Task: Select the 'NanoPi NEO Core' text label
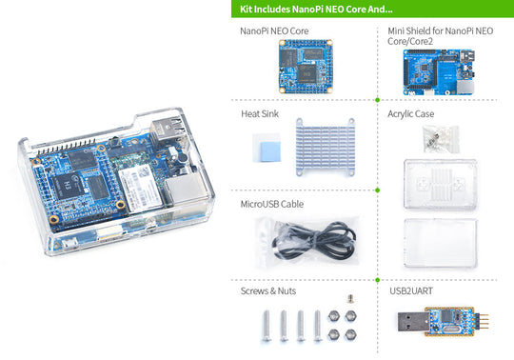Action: click(274, 31)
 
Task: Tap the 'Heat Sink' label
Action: click(260, 113)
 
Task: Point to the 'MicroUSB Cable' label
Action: click(272, 204)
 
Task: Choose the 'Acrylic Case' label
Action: click(411, 113)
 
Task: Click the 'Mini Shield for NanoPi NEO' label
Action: click(440, 31)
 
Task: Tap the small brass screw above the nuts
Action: click(349, 300)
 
